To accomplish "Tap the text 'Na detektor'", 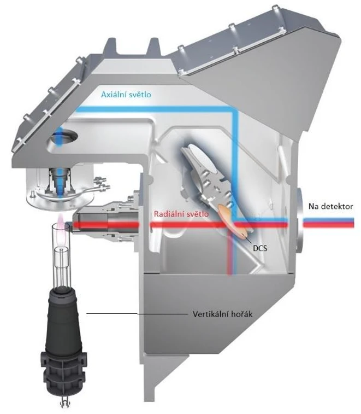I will pyautogui.click(x=330, y=206).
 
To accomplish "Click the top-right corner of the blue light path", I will pyautogui.click(x=234, y=112).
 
